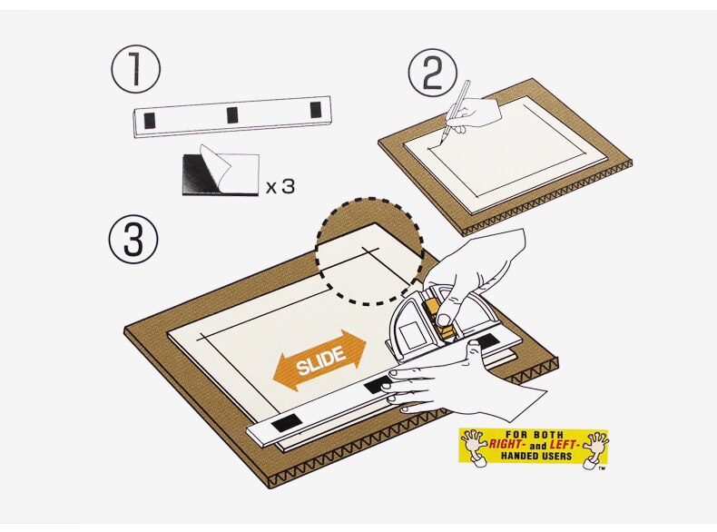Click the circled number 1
click(135, 71)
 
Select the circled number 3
click(133, 239)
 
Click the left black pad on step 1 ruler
click(151, 118)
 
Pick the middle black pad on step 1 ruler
click(232, 113)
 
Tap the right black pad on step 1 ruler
click(315, 110)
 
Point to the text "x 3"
click(280, 188)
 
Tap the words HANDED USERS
click(533, 457)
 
